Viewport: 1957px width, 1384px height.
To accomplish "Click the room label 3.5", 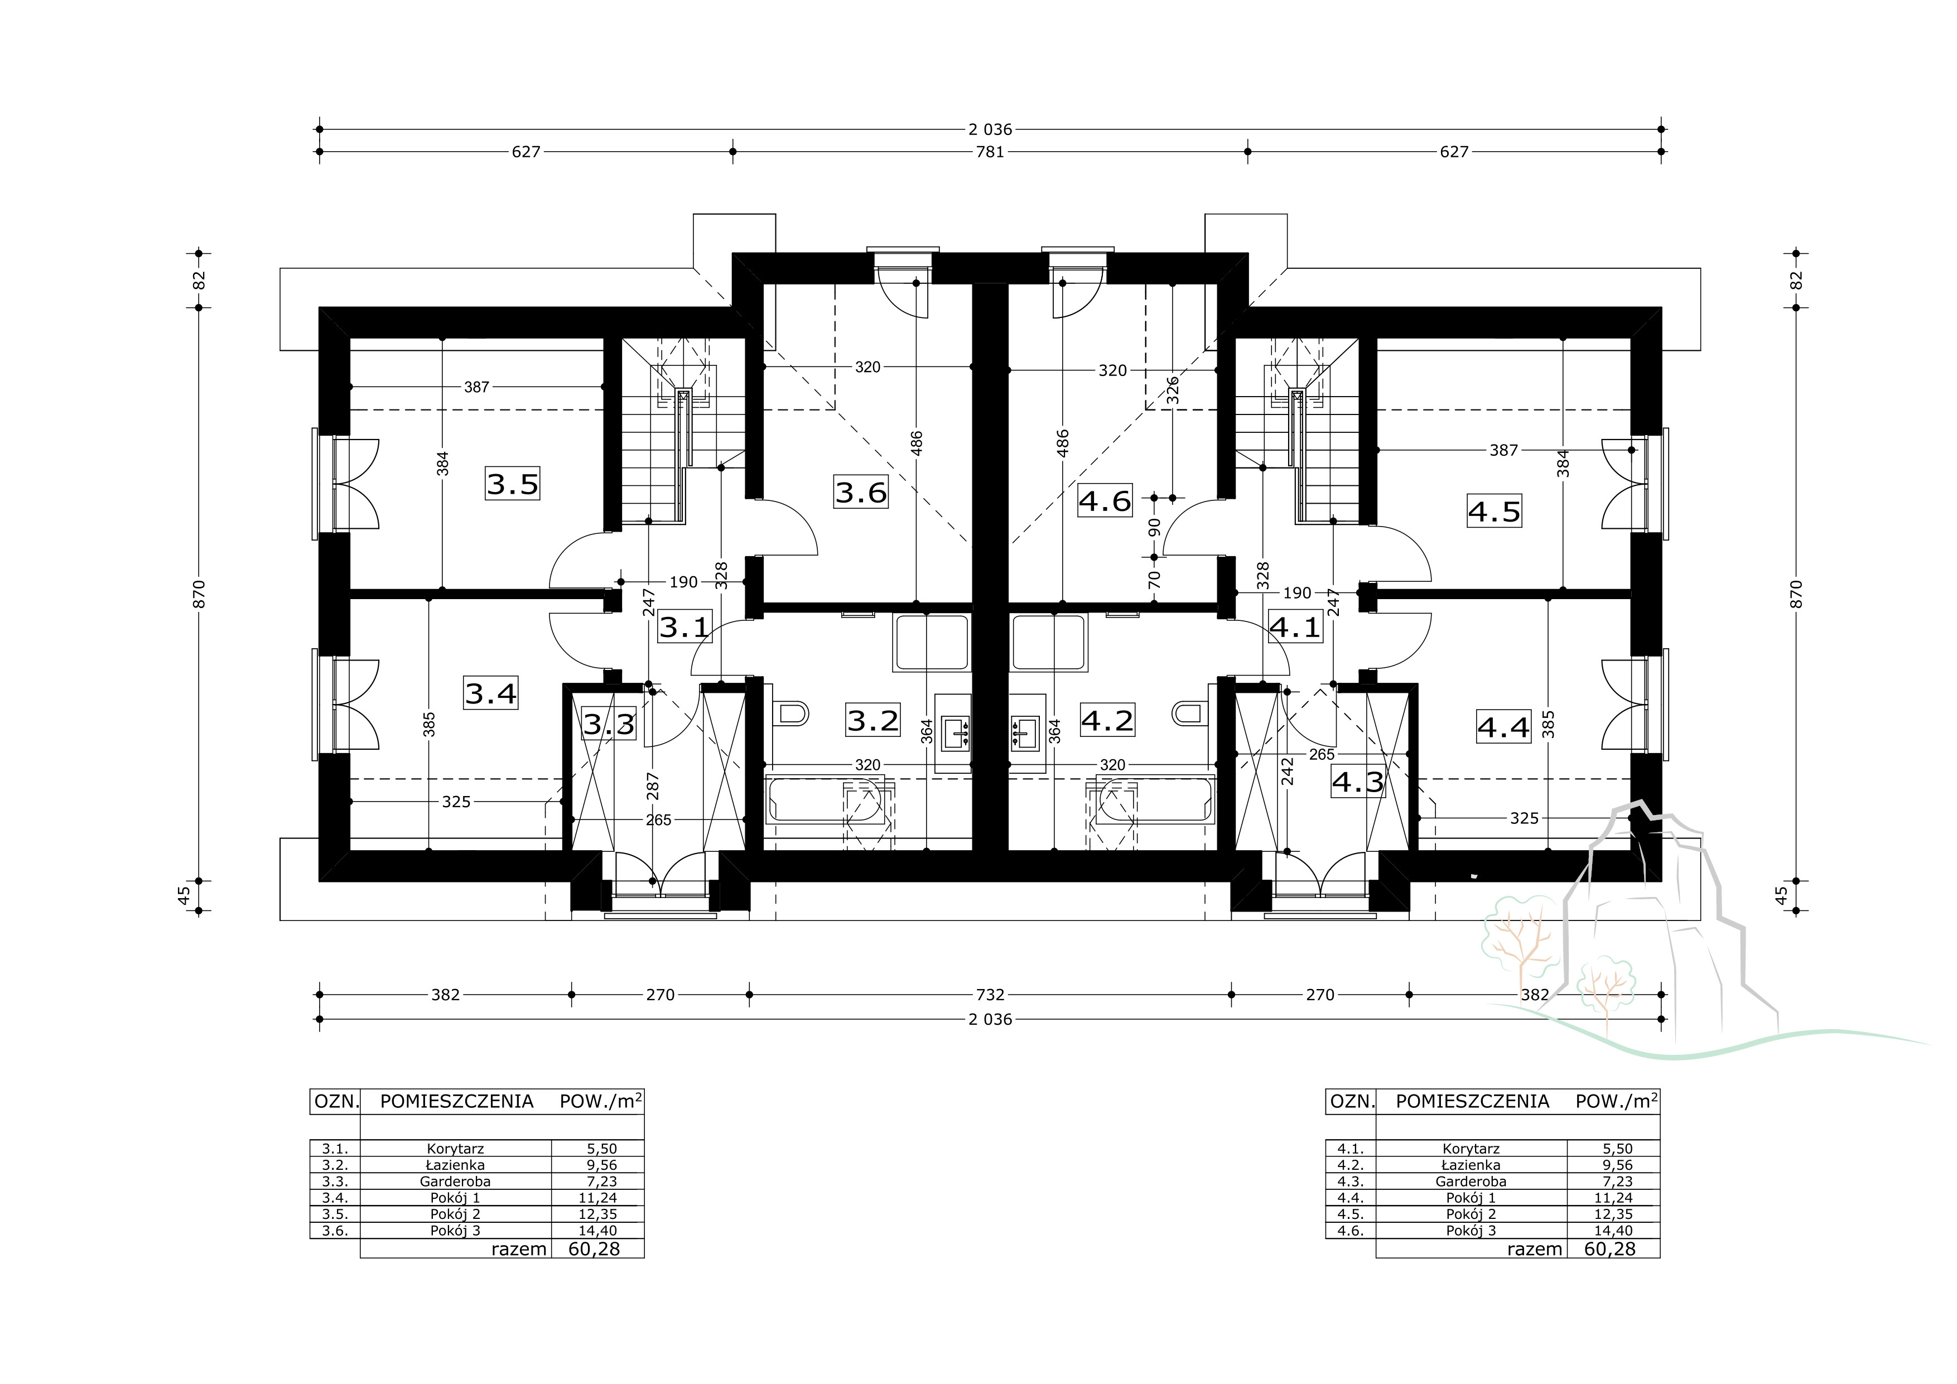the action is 513,484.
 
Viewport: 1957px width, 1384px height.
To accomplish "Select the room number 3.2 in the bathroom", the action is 873,720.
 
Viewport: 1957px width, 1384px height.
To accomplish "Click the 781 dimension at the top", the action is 990,152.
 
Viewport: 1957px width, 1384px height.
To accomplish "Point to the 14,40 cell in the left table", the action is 599,1231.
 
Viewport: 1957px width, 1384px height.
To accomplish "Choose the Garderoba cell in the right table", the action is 1471,1181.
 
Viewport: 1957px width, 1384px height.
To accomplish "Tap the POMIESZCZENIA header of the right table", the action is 1472,1101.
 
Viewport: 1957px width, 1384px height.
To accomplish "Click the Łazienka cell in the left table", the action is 456,1165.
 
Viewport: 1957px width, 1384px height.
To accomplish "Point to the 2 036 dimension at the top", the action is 990,129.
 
